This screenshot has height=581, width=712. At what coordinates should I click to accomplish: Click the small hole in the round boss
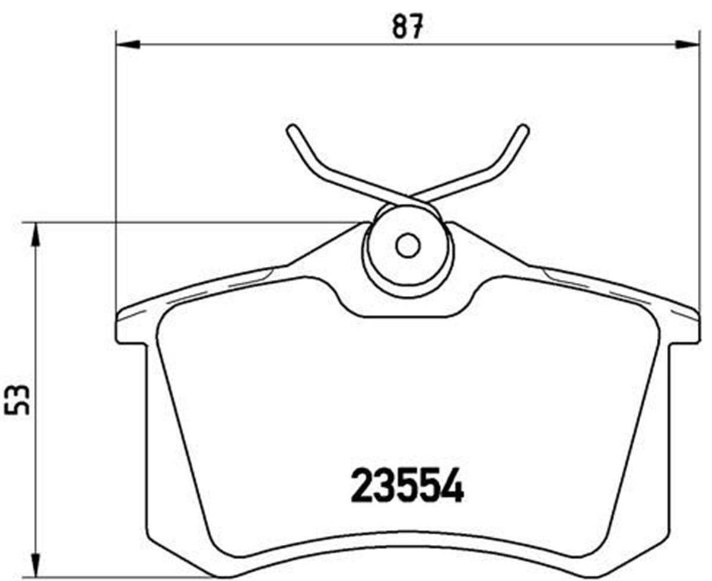point(408,245)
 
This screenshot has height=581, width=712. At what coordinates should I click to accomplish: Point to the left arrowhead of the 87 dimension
point(128,44)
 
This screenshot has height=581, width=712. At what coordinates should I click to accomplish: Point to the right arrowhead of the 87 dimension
point(688,44)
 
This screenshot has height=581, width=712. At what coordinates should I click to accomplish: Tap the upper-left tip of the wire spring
point(291,129)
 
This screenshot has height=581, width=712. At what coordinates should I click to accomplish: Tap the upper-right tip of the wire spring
point(524,129)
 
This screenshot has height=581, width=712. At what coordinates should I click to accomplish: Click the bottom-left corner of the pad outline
point(155,542)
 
